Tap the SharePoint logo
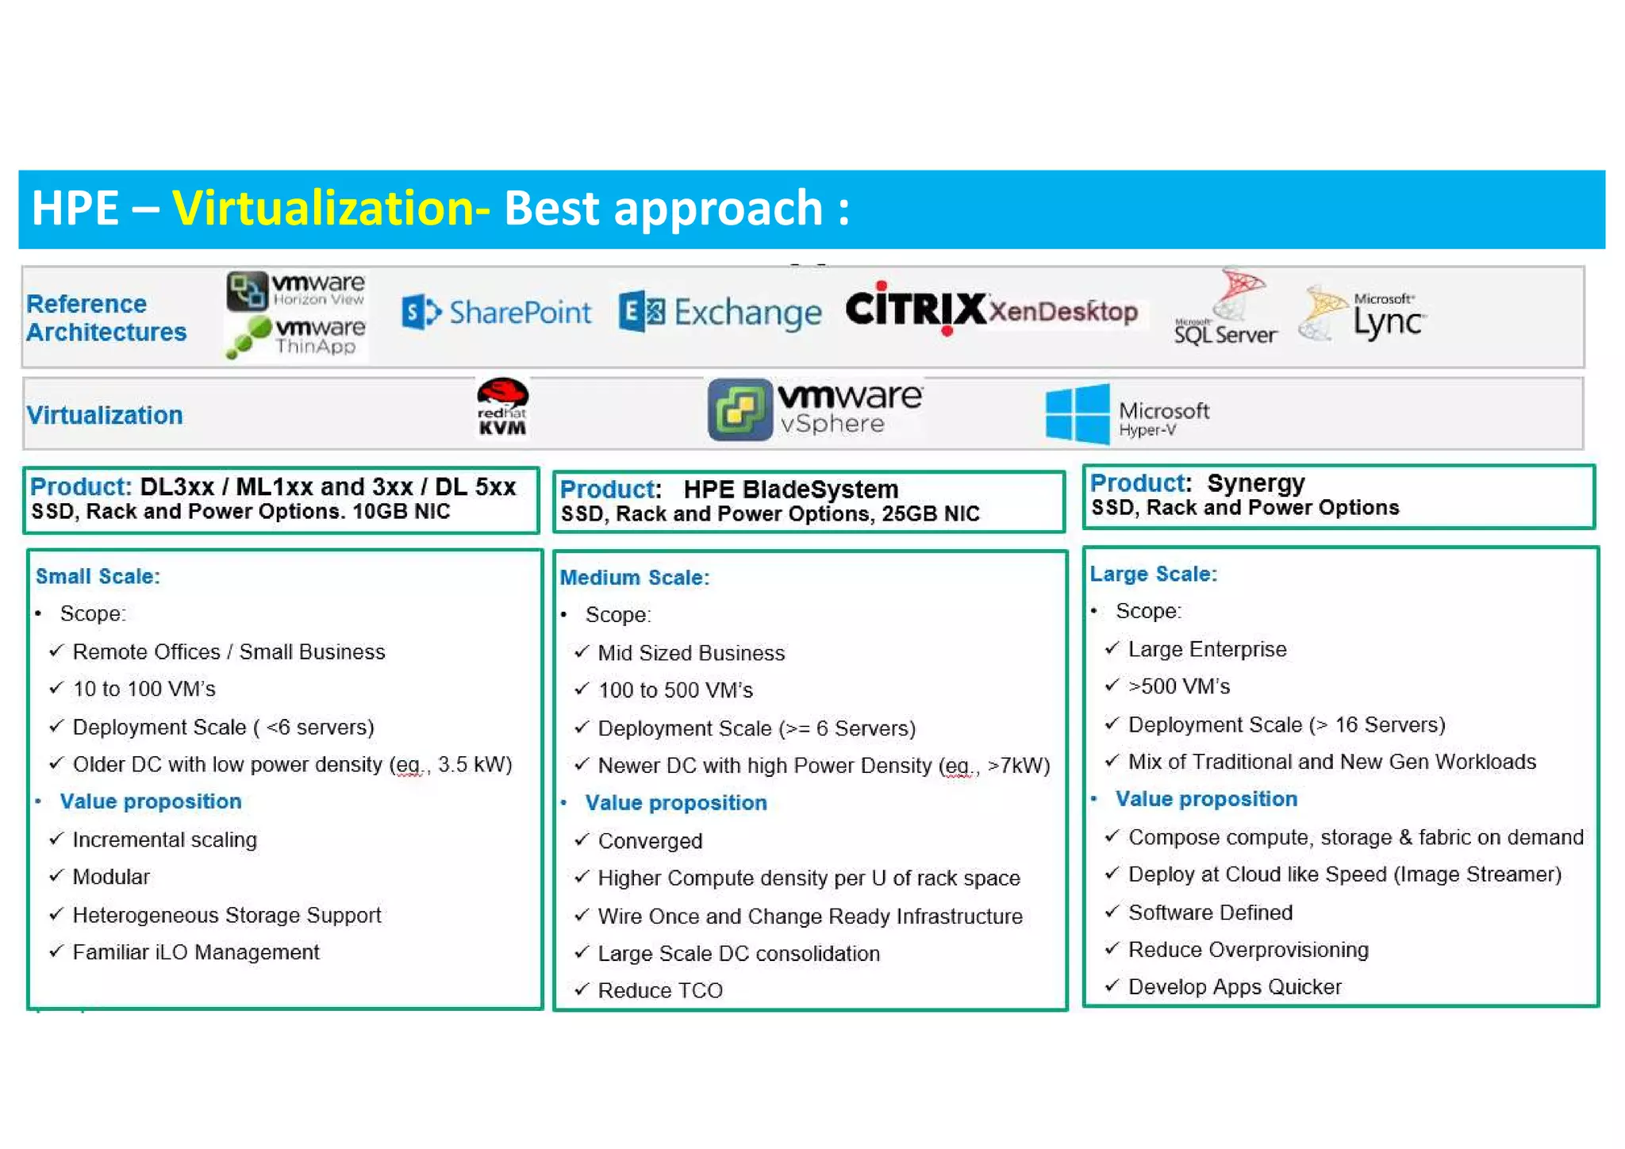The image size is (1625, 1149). [497, 312]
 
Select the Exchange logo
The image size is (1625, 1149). [720, 313]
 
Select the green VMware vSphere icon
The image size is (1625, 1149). [740, 409]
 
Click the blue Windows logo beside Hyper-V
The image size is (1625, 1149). [1077, 413]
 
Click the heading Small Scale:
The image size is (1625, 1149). [98, 576]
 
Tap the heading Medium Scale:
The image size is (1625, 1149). [634, 578]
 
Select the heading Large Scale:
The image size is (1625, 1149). [1152, 574]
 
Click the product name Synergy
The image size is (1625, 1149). [1255, 483]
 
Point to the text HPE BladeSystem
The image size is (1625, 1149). [790, 489]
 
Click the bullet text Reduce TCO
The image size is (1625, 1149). [659, 990]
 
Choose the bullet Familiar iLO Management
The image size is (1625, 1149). [195, 952]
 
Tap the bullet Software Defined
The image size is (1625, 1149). [1209, 913]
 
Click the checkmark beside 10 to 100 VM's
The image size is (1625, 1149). [56, 688]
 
